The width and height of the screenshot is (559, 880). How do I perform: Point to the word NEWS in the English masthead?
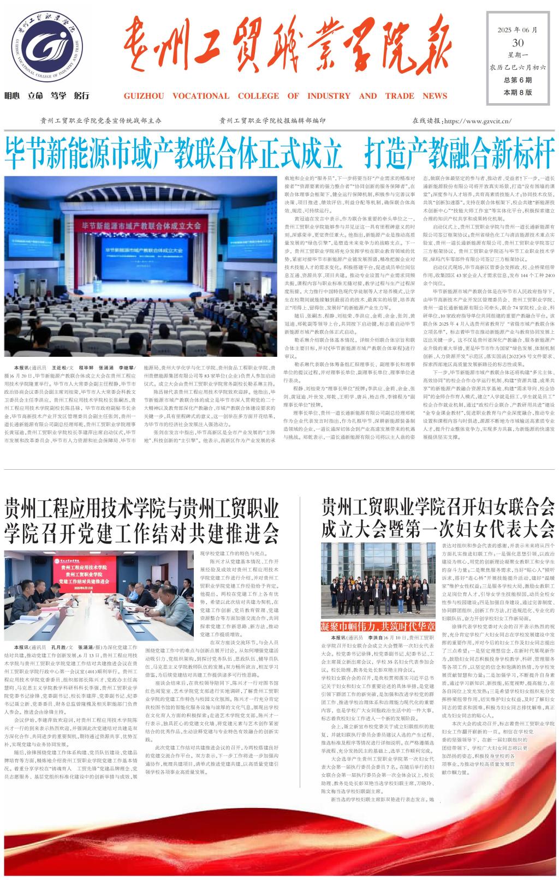(x=435, y=96)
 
